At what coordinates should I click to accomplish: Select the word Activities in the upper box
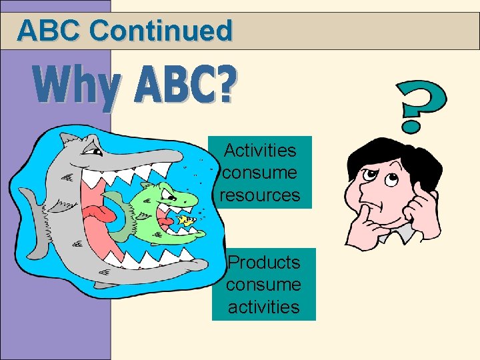259,150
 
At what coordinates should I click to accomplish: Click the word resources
259,195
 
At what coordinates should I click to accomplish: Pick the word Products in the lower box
264,262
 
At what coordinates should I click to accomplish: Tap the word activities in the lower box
264,307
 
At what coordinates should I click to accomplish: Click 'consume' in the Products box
263,285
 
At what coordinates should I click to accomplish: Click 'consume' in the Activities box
259,173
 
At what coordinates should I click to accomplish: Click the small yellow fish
187,219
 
